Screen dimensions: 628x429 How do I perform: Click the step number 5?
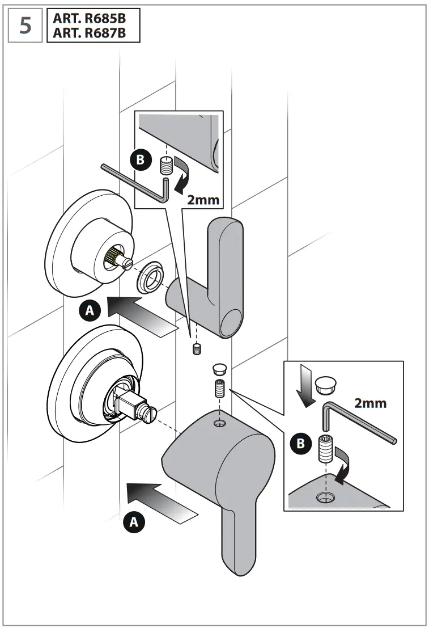(26, 26)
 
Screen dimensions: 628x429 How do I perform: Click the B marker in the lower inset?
(301, 444)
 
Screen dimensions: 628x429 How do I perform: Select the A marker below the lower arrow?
(134, 521)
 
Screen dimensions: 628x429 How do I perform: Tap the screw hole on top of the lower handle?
(218, 423)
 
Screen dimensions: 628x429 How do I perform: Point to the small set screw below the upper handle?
(197, 348)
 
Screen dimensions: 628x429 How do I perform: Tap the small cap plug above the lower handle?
(218, 369)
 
